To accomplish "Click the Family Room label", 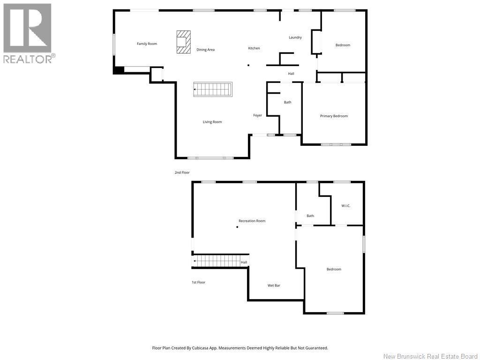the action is (147, 44).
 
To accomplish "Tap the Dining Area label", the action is (205, 50).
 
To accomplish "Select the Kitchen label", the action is (254, 48).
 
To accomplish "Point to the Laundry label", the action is (295, 37).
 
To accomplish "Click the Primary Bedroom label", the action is (334, 116).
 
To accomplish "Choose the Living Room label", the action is (212, 122).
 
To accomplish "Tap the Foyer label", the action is (257, 115).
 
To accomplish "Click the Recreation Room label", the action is (252, 221).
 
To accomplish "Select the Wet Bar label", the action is (274, 285).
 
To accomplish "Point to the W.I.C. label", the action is (345, 206).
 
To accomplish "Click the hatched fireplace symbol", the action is (184, 42).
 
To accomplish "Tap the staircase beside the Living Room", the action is (213, 89).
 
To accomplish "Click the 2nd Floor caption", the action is (182, 172).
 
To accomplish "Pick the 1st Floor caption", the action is (198, 282).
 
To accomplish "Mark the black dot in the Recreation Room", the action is (237, 227).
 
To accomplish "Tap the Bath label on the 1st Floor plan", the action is (310, 216).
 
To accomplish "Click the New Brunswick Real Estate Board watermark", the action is (430, 356).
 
